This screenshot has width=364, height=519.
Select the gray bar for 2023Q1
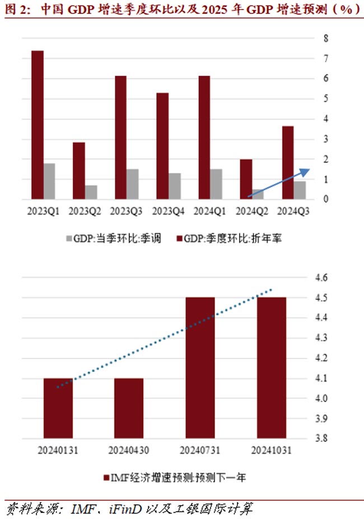click(x=49, y=181)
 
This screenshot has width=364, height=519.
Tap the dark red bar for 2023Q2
click(x=79, y=171)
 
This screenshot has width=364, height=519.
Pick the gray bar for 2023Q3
click(x=133, y=184)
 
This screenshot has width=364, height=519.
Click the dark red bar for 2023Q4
click(x=162, y=146)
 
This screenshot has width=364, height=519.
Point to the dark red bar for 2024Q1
click(x=204, y=137)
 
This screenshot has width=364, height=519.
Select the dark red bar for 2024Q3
click(x=287, y=162)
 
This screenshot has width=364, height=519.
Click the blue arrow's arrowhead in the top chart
click(x=305, y=171)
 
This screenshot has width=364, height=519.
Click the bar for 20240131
click(x=58, y=408)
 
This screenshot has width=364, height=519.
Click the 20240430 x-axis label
click(x=129, y=450)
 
